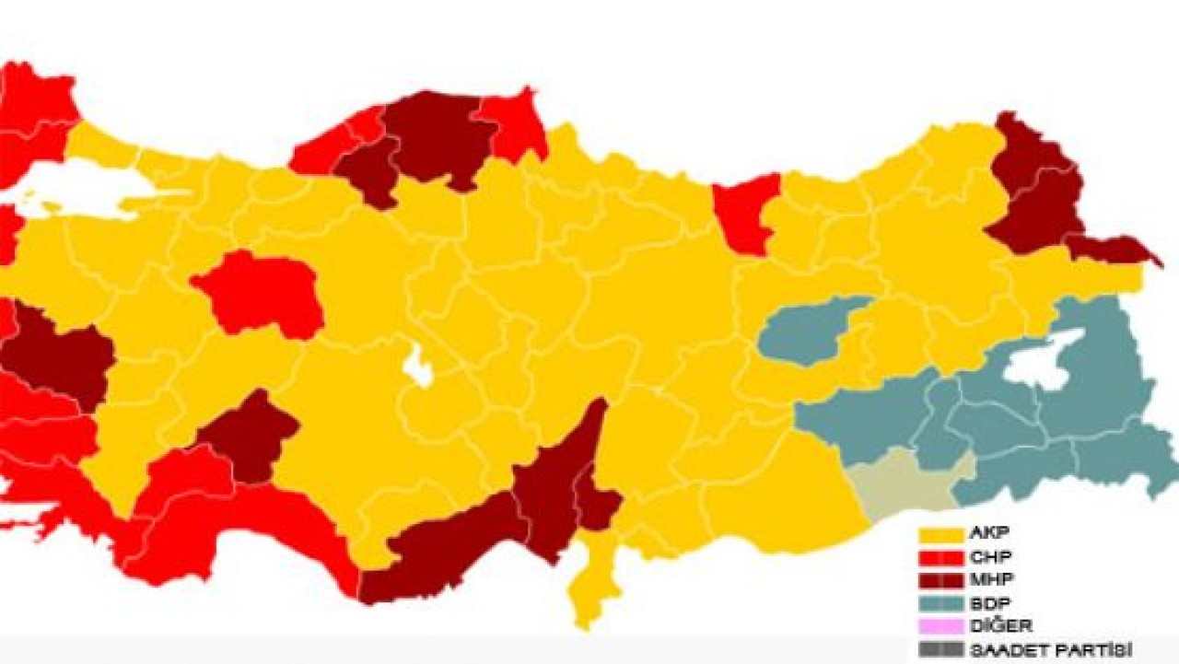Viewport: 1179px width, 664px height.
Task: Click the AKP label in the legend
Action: click(987, 534)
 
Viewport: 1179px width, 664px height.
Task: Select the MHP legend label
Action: click(988, 580)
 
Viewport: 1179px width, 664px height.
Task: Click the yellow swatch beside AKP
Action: click(940, 534)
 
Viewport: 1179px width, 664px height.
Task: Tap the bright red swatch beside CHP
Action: click(940, 557)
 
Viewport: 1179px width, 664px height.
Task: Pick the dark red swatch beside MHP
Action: click(940, 580)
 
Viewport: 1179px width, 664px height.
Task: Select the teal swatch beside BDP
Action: click(940, 603)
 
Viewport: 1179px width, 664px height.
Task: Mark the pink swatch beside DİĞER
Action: click(940, 626)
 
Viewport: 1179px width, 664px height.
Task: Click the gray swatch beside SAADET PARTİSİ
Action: click(940, 649)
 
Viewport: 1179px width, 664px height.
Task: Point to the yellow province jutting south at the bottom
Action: click(589, 580)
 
